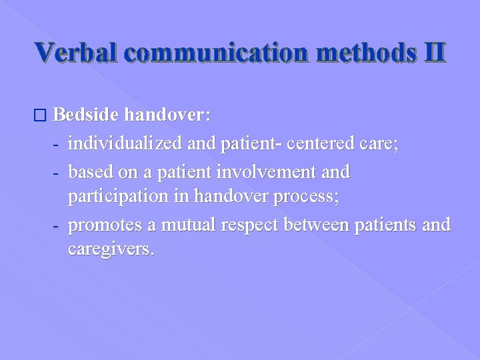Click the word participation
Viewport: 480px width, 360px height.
121,198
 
